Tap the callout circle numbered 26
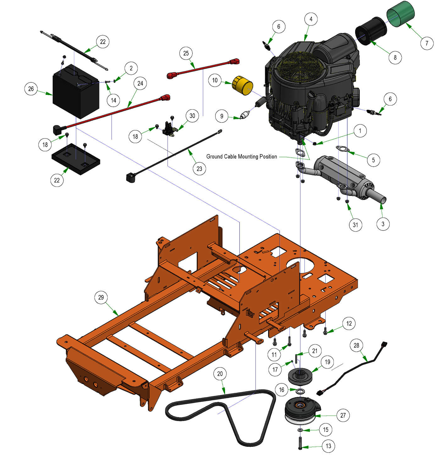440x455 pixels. (x=31, y=89)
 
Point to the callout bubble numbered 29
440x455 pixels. (x=101, y=297)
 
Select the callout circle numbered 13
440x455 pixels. (x=328, y=446)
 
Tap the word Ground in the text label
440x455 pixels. (x=214, y=156)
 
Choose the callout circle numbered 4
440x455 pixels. (x=311, y=19)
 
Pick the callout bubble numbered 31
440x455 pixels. (x=355, y=225)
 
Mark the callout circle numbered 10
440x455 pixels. (x=215, y=80)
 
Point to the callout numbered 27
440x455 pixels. (x=343, y=415)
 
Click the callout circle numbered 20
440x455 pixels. (x=220, y=374)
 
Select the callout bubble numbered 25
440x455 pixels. (x=186, y=53)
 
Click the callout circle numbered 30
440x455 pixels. (x=192, y=116)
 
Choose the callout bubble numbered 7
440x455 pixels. (x=427, y=43)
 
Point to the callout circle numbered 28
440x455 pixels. (x=356, y=345)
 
